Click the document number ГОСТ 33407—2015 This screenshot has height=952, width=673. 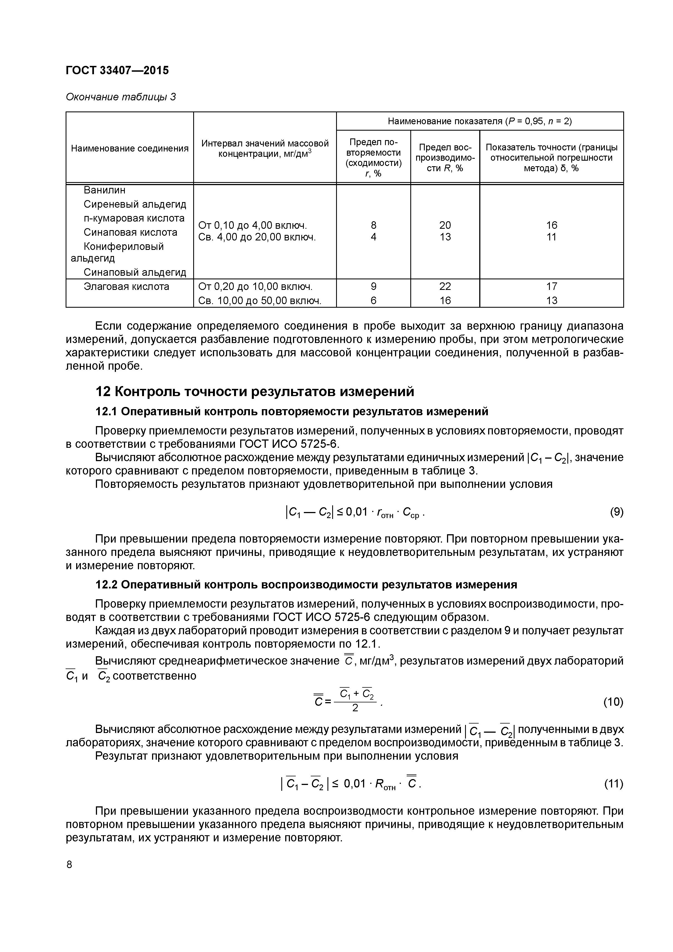[x=117, y=71]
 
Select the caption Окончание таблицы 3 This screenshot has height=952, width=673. [x=121, y=97]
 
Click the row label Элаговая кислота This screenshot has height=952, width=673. [x=126, y=287]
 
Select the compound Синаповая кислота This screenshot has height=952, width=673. [x=130, y=232]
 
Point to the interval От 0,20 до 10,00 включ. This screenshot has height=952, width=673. [x=255, y=287]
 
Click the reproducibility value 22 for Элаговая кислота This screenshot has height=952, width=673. [x=445, y=287]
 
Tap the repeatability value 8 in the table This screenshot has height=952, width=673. [x=373, y=225]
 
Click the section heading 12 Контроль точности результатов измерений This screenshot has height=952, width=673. [x=255, y=391]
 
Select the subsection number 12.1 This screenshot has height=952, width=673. [x=106, y=412]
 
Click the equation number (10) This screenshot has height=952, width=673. [x=613, y=702]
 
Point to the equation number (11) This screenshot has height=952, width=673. [x=613, y=784]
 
